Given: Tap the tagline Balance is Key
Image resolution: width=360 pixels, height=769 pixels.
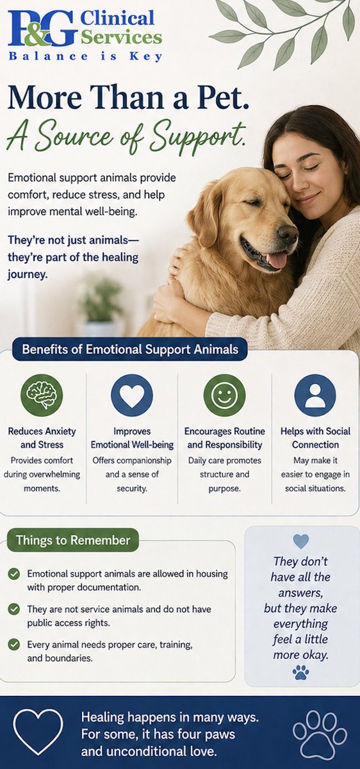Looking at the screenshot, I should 85,56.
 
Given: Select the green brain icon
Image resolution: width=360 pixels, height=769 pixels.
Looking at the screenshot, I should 42,395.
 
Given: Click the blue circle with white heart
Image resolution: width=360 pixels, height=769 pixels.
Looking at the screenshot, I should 132,395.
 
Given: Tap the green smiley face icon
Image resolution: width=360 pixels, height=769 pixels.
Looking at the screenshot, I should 224,395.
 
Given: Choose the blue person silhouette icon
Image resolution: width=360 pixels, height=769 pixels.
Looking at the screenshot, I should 315,395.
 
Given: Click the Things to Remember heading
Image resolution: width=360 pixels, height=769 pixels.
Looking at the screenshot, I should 73,540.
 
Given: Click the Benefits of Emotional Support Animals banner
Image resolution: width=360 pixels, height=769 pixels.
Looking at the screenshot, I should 130,350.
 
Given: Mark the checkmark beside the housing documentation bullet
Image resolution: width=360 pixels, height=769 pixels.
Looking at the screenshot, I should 14,574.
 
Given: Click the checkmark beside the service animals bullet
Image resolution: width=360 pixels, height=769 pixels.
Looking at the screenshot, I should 14,609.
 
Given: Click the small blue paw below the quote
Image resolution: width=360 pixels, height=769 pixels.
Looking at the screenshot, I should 300,672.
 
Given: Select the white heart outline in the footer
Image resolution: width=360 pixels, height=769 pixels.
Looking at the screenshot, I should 38,731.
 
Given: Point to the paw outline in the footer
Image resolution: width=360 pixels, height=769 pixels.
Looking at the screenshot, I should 320,732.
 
